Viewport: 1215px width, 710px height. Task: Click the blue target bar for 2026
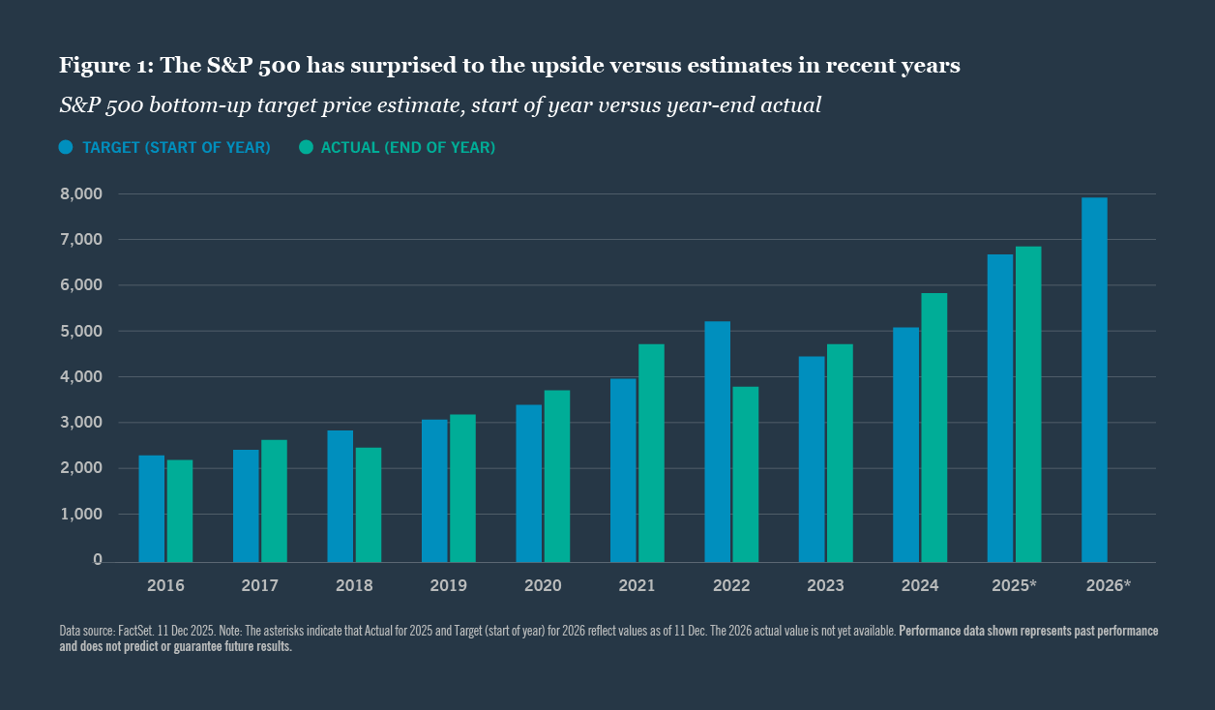tap(1094, 379)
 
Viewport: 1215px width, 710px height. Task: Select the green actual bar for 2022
tap(746, 474)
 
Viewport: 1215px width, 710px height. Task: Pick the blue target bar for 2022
tap(717, 441)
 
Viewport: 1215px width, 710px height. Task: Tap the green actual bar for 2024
tap(934, 427)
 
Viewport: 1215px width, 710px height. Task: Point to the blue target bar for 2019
tap(434, 490)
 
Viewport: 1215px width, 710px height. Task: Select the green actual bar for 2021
tap(651, 453)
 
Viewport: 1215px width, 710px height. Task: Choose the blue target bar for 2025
tap(1000, 408)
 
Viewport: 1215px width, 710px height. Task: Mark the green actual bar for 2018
tap(369, 504)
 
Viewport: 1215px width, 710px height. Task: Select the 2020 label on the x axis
tap(543, 586)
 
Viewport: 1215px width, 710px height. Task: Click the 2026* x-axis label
tap(1108, 586)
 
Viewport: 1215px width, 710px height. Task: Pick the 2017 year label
tap(260, 586)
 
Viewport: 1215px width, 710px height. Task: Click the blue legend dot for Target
tap(66, 147)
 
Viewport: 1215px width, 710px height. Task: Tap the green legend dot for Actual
tap(306, 147)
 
